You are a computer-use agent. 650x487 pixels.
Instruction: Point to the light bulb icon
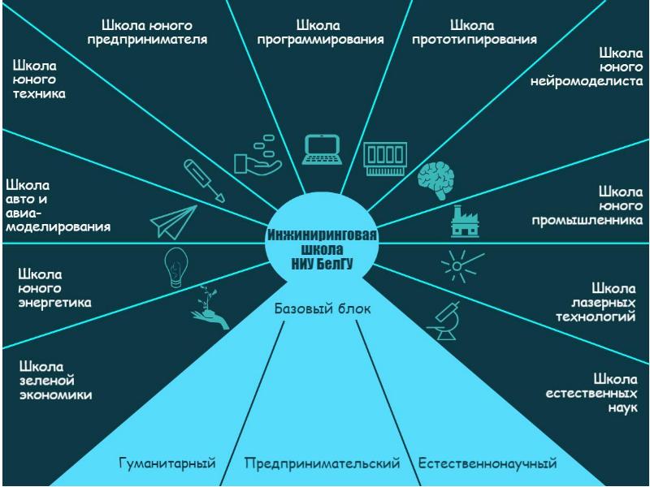[x=176, y=266]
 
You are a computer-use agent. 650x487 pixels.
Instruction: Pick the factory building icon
[x=468, y=221]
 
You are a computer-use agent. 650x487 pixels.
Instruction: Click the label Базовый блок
[x=323, y=309]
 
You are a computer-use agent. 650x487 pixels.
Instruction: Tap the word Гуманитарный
[x=167, y=463]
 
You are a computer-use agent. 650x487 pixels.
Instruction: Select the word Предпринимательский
[x=323, y=463]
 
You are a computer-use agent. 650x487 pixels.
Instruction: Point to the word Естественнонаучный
[x=487, y=463]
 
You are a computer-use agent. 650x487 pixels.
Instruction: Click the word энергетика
[x=54, y=303]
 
